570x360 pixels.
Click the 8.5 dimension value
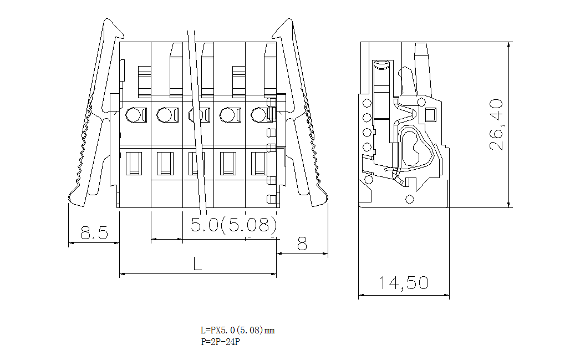tap(94, 232)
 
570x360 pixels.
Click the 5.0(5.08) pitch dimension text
tap(233, 225)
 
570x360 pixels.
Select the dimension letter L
tap(197, 263)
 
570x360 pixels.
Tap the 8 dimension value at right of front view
tap(302, 244)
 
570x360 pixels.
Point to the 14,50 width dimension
tap(404, 283)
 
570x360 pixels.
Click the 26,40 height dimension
tap(496, 125)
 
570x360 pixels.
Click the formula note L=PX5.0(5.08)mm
tap(237, 331)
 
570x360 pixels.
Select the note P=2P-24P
tap(220, 342)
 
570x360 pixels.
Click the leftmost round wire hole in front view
tap(133, 115)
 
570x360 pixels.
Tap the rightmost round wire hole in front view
tap(258, 115)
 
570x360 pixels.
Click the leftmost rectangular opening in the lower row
tap(134, 163)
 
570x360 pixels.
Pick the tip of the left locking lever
tap(107, 23)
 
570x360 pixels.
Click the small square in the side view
tap(430, 115)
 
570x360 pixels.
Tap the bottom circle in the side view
tap(410, 199)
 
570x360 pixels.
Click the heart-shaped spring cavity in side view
tap(415, 147)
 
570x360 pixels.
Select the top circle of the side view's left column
tap(367, 103)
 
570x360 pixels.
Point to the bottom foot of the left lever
tap(78, 199)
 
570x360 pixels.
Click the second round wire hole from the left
tap(164, 115)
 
